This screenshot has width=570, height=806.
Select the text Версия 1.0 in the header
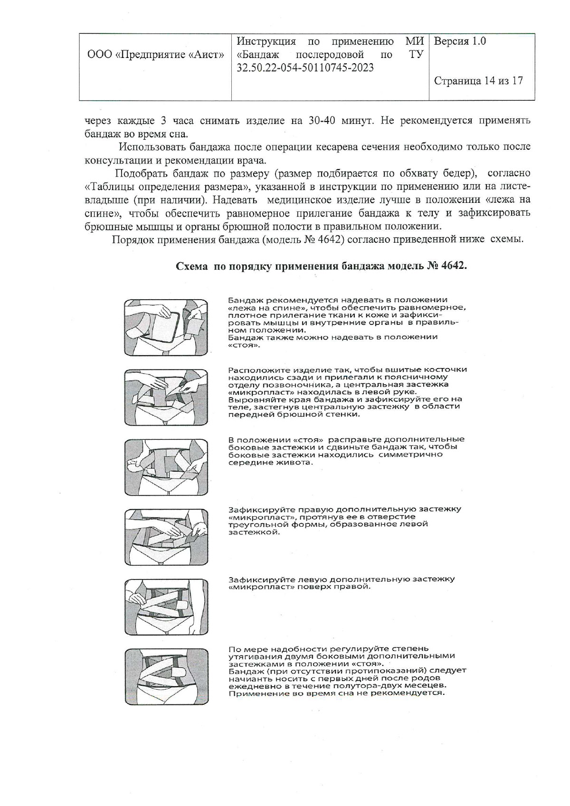coord(460,41)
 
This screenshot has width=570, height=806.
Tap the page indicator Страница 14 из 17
coord(478,81)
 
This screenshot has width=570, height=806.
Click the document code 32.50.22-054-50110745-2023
coord(305,68)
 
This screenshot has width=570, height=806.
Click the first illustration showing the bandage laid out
coord(166,328)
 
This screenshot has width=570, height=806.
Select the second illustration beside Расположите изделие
coord(166,398)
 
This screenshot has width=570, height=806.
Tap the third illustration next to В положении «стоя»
coord(166,467)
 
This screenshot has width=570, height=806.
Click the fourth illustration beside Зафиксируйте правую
coord(166,537)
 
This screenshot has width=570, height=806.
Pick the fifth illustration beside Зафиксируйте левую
coord(166,607)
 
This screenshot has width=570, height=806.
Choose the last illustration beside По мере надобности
coord(166,676)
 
